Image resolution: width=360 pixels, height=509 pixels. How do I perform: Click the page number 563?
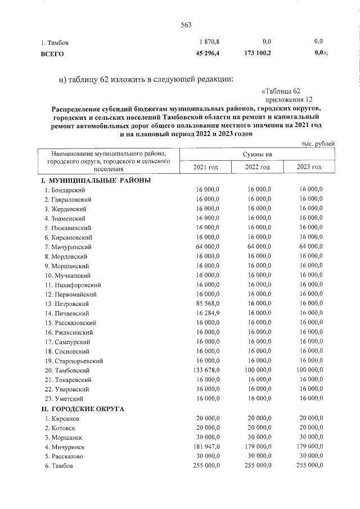[186, 24]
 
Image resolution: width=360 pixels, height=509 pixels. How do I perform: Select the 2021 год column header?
[205, 168]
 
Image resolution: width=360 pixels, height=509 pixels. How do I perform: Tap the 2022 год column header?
[258, 168]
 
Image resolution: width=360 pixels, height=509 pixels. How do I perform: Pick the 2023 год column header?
[309, 168]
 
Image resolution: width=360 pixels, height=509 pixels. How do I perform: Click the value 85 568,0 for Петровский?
[207, 304]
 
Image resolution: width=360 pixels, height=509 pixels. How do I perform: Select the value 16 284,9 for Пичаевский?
[207, 313]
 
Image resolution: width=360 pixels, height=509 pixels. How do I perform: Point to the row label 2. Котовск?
[62, 428]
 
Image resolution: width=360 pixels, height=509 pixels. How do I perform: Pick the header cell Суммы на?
[257, 154]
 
